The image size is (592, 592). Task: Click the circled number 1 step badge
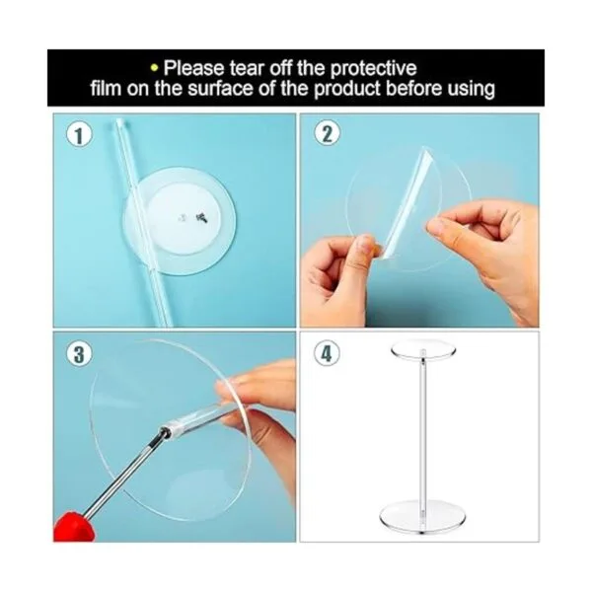click(x=79, y=135)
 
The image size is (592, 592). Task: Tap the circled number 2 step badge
click(x=327, y=134)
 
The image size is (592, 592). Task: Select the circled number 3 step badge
click(x=79, y=354)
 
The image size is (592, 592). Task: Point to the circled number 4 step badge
click(x=327, y=354)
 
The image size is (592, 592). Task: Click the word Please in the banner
click(x=193, y=68)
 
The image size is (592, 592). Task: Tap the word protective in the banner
click(x=373, y=69)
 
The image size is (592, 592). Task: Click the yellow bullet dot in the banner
click(x=154, y=68)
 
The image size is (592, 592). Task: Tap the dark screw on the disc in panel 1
click(x=202, y=218)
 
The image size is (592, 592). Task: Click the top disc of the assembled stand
click(x=423, y=350)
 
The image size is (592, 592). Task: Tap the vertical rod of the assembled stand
click(x=423, y=430)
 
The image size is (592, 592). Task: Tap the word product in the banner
click(x=348, y=90)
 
